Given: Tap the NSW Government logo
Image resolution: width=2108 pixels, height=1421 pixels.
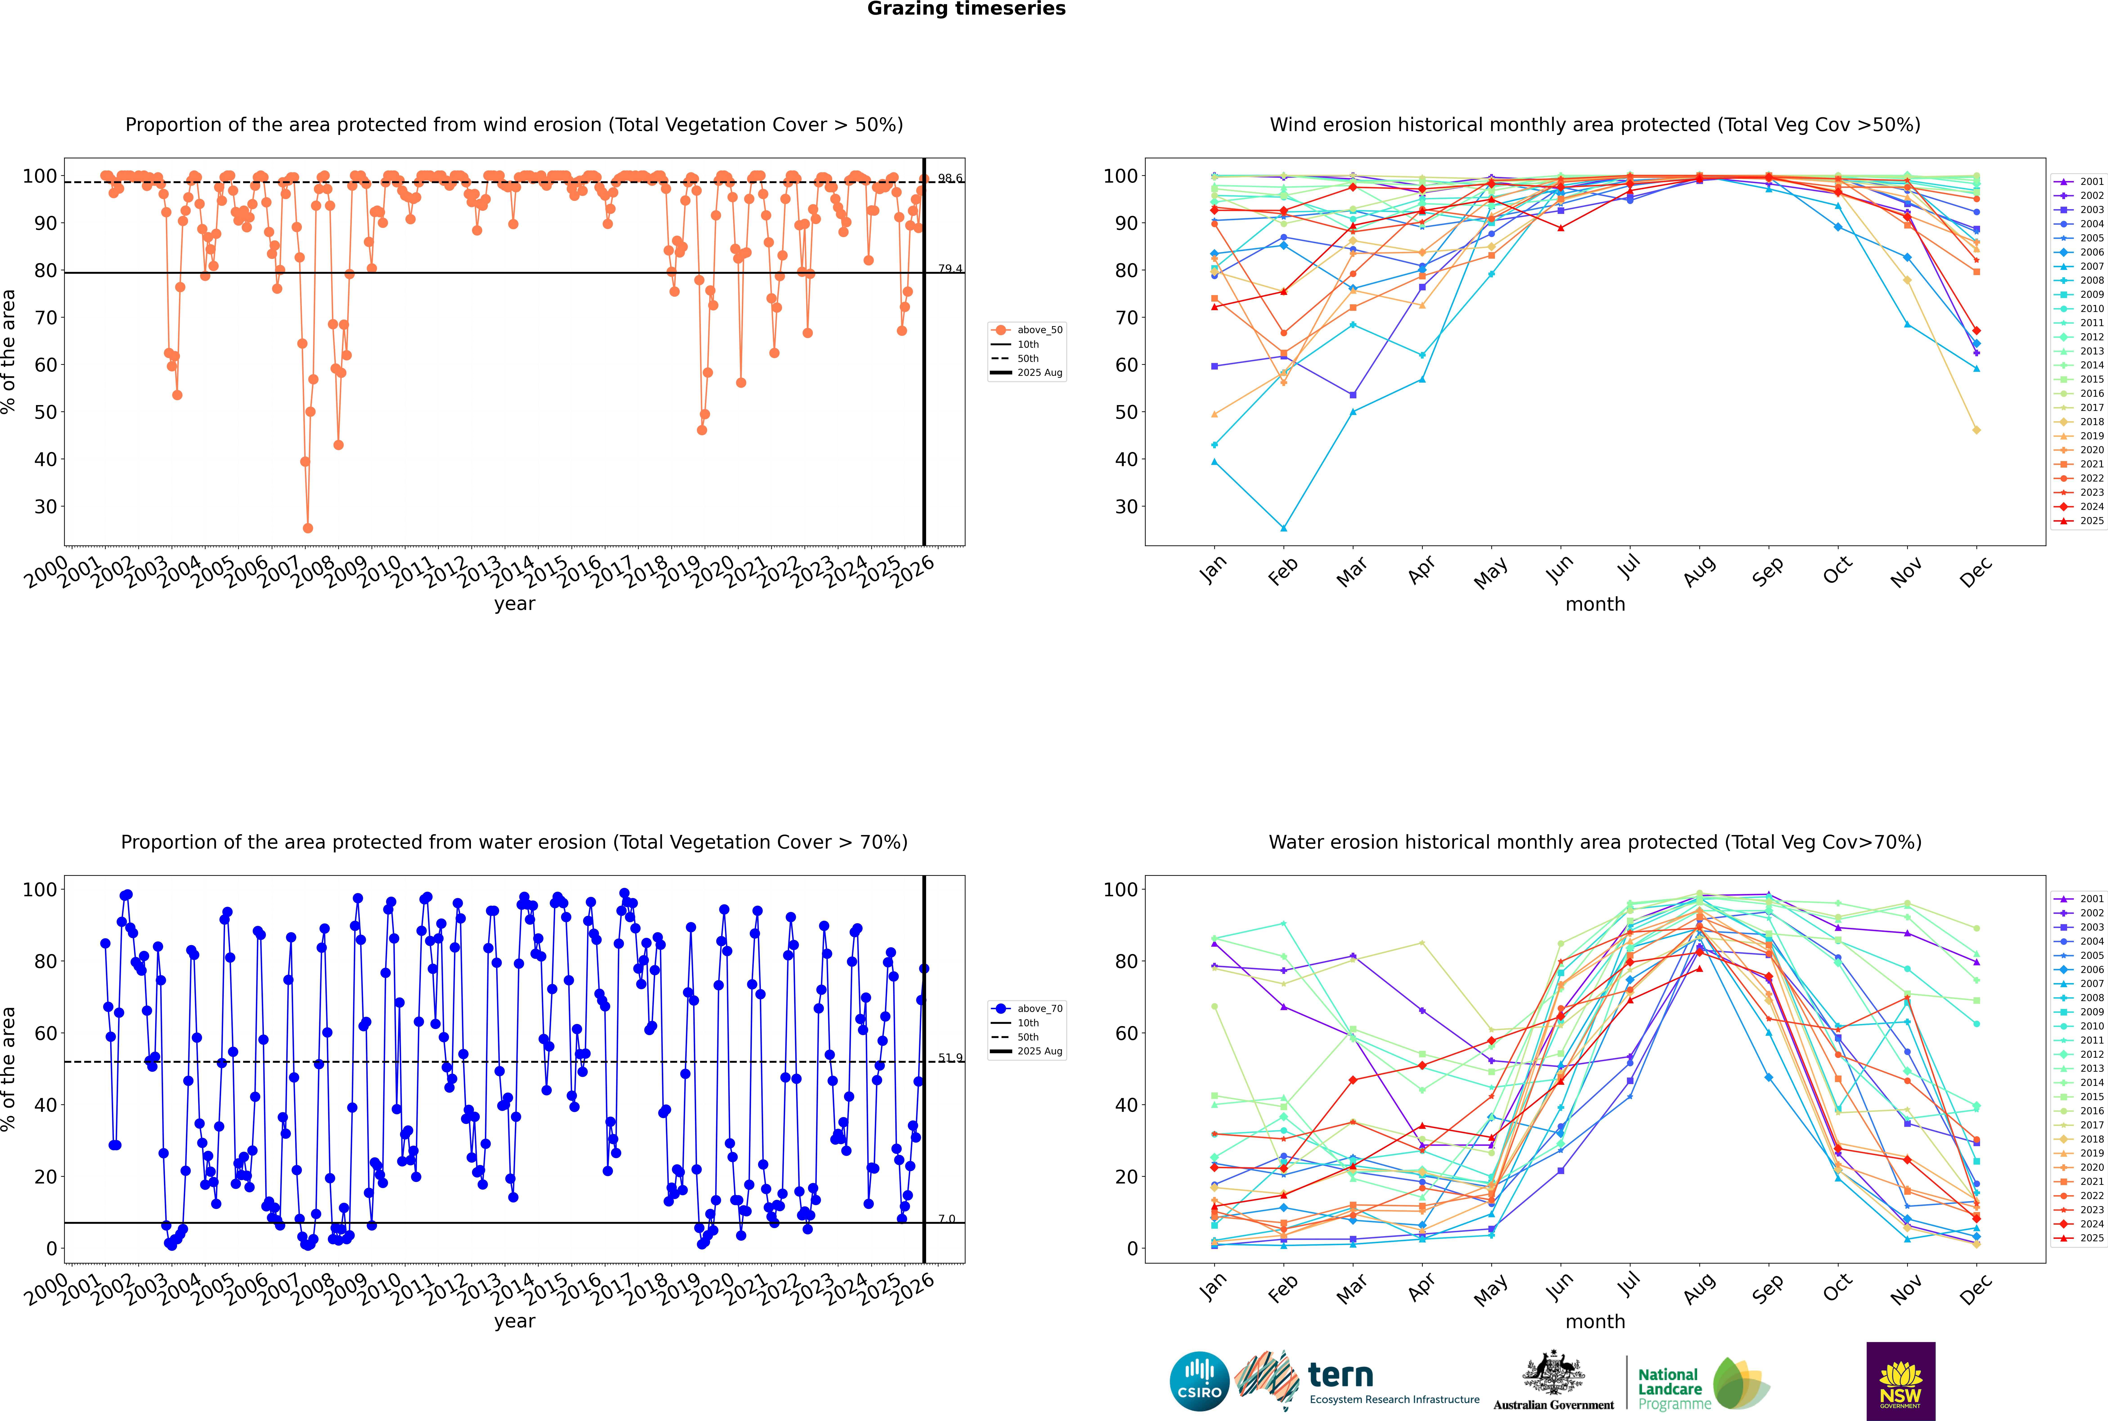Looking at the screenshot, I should [1900, 1381].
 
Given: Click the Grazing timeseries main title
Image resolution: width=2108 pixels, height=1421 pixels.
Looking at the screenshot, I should [966, 9].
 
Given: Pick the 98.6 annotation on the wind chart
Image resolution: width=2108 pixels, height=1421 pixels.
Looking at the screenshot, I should [950, 179].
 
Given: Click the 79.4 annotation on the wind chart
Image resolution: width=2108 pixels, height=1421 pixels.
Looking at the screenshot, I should [950, 269].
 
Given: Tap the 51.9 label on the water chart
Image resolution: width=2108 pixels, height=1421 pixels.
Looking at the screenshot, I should [950, 1058].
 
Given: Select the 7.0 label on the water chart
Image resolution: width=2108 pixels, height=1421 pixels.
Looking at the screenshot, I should [946, 1219].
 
